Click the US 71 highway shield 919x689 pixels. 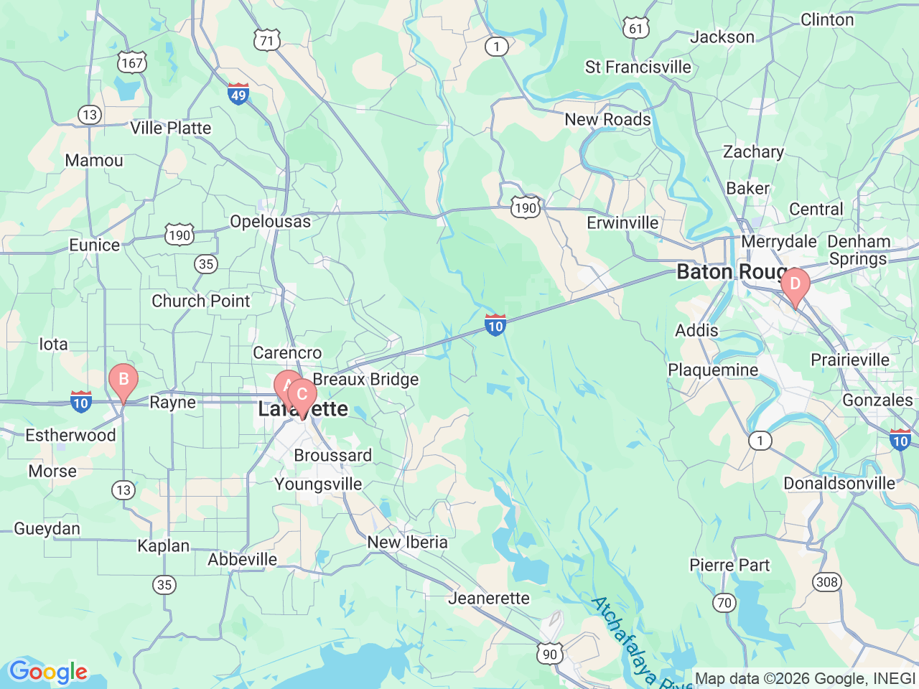pos(266,41)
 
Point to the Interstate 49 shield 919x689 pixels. pos(238,94)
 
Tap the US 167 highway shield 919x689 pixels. pos(132,63)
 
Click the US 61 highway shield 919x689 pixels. pos(635,29)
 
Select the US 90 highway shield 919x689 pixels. pos(549,653)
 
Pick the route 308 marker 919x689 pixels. pos(827,581)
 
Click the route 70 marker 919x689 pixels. pos(724,603)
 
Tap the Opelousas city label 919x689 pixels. pos(271,222)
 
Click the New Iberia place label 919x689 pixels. pos(407,543)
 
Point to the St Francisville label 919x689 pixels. pos(638,67)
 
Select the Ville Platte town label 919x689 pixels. pos(171,128)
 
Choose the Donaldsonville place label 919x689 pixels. pos(839,484)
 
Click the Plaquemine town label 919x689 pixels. pos(713,370)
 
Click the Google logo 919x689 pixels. pos(48,672)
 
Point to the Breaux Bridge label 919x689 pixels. pos(365,380)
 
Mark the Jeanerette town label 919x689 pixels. pos(489,599)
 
